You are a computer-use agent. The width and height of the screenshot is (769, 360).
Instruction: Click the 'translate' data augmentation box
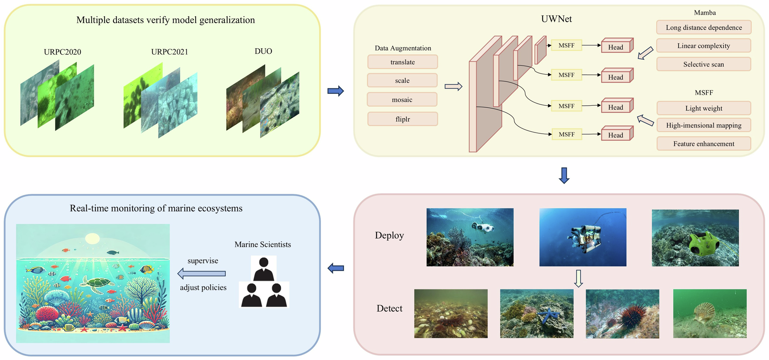coord(403,62)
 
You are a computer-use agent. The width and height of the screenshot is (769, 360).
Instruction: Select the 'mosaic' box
coord(402,100)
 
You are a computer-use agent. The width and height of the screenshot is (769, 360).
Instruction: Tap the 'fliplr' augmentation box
coord(403,119)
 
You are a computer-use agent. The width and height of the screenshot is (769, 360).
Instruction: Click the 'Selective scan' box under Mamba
coord(704,64)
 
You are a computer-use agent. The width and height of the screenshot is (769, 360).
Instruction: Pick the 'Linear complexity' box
coord(704,46)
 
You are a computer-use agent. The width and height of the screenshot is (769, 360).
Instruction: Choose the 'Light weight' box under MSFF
coord(704,108)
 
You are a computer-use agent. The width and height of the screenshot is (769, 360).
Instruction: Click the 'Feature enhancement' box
coord(704,144)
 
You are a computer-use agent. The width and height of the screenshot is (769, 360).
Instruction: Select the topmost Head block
coord(617,46)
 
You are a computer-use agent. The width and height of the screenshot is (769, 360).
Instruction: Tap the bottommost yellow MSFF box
coord(566,134)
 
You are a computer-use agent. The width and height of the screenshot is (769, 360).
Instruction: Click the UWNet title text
coord(556,19)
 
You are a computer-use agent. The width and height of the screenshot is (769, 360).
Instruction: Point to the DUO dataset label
coord(263,51)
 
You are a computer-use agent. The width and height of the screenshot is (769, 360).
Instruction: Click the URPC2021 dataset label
coord(170,52)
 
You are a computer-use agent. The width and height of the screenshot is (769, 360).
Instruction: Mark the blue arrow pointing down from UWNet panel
coord(564,176)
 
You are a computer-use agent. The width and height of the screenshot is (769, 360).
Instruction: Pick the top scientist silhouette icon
coord(264,269)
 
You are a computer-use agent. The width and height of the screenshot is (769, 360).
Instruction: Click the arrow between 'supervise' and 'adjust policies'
coord(201,274)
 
